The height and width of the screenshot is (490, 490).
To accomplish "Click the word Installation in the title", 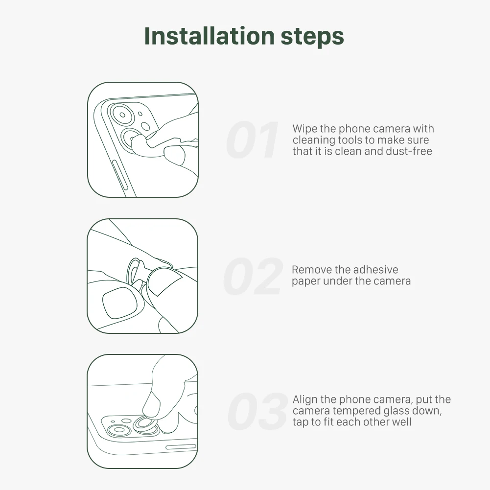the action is tap(210, 36).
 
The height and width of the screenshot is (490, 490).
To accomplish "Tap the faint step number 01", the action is tap(252, 140).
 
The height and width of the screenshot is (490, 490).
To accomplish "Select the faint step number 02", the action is tap(253, 276).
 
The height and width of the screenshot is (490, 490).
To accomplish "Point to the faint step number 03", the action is tap(257, 411).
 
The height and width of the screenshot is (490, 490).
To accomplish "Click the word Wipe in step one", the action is tap(304, 129).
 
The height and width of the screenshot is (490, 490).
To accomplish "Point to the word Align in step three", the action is tap(305, 400).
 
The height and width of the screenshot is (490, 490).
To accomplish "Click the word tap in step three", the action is tap(301, 422).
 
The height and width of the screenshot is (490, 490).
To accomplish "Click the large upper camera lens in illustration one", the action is tap(122, 115).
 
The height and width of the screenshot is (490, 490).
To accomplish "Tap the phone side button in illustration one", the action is tap(120, 175).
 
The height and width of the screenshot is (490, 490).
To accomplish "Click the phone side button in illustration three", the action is tap(181, 447).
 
